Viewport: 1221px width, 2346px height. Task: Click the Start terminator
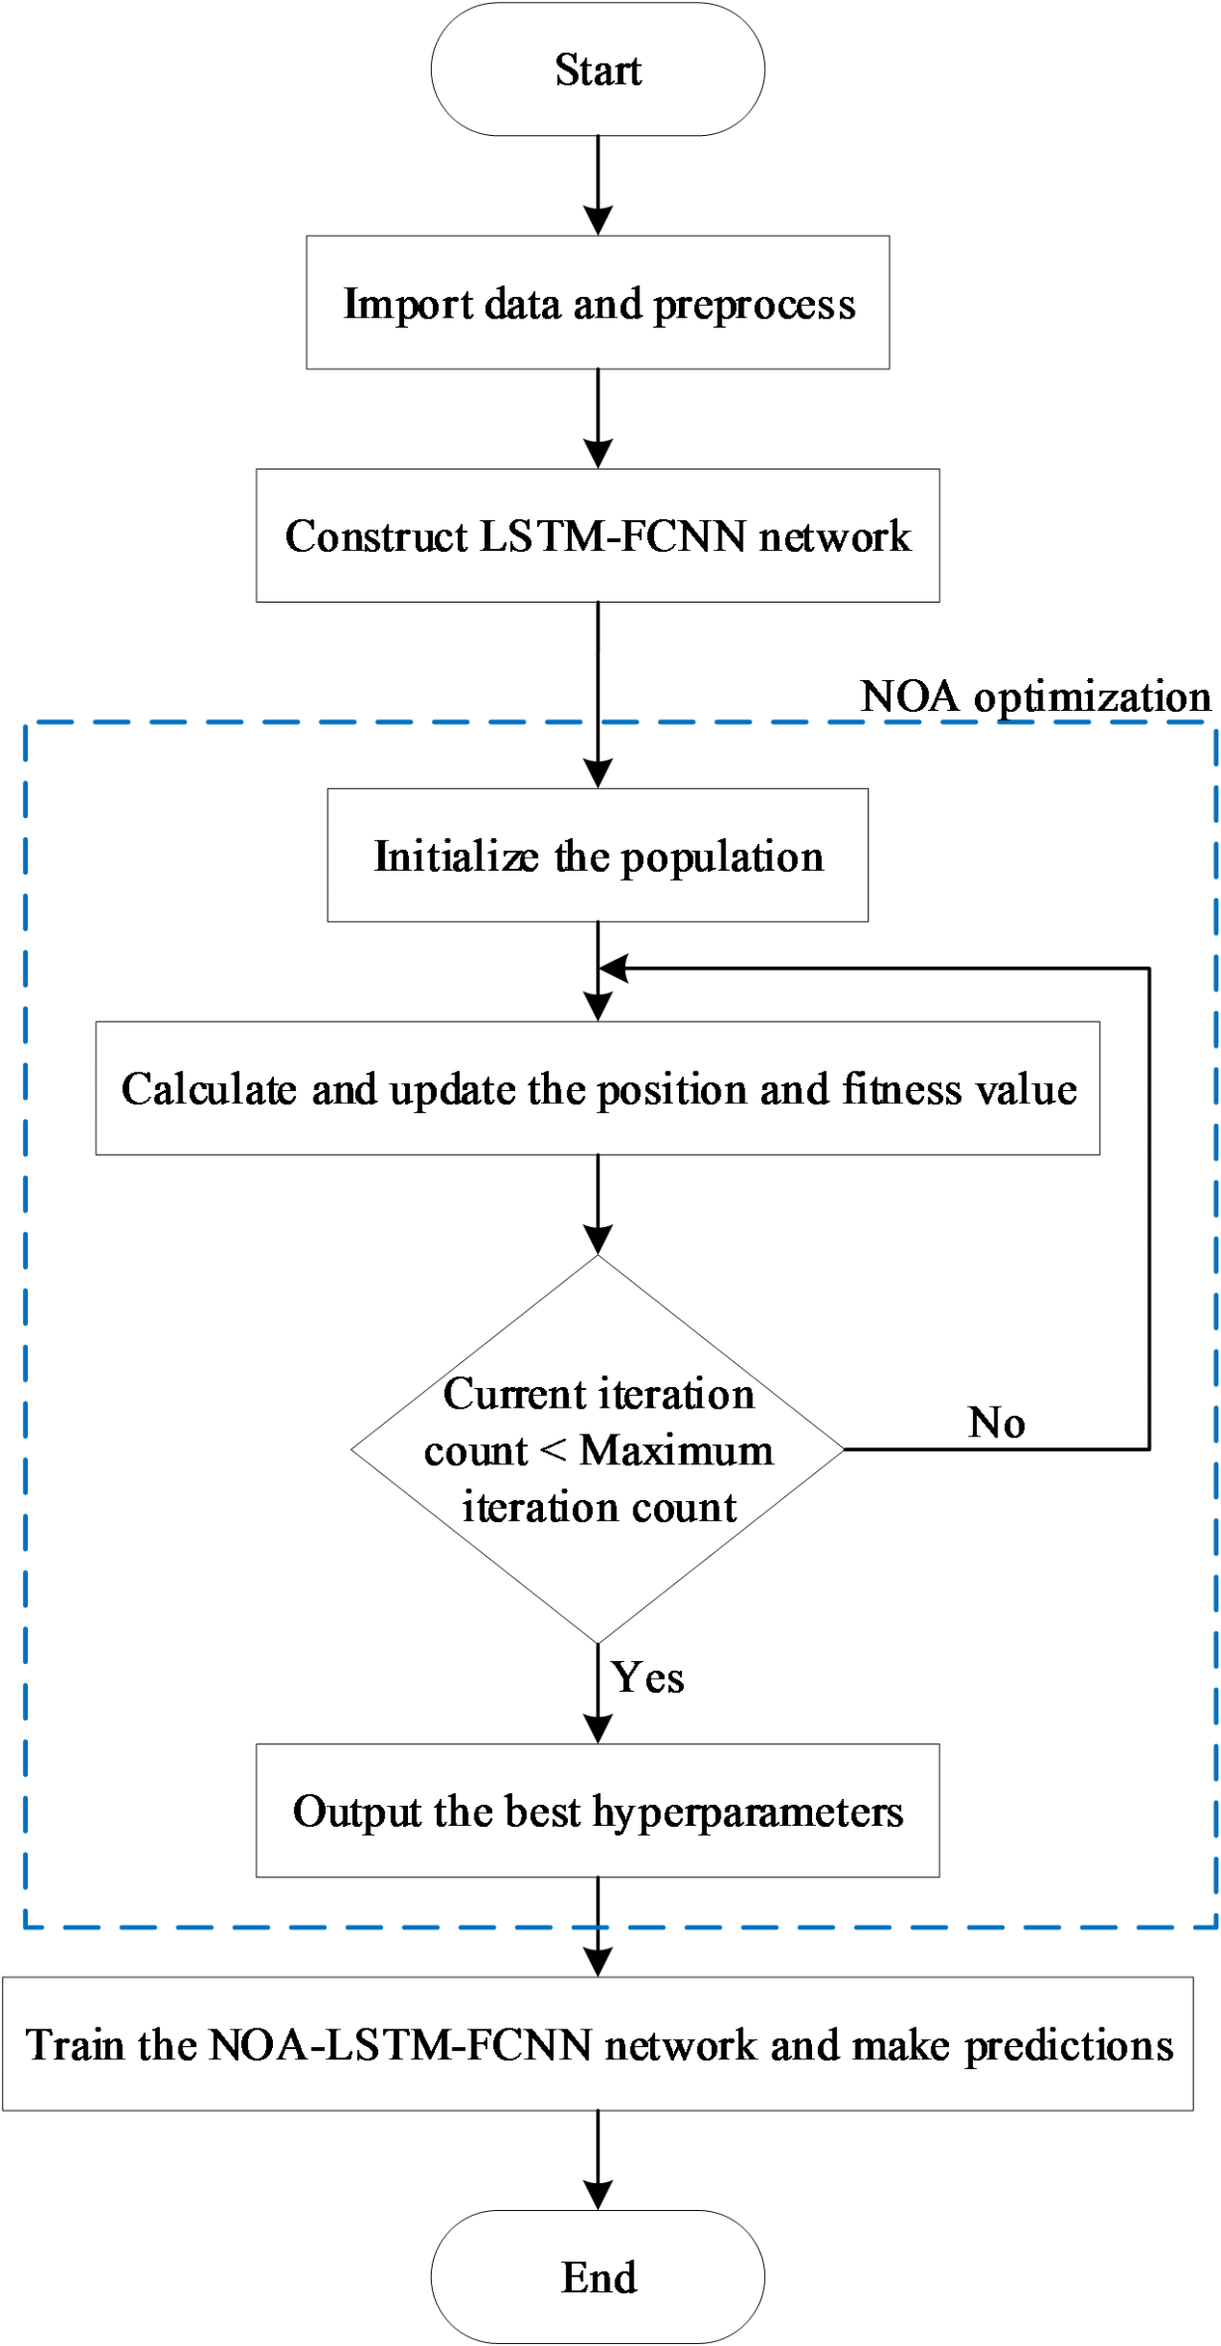598,69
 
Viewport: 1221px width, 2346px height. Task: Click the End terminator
598,2277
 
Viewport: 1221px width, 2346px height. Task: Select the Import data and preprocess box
598,303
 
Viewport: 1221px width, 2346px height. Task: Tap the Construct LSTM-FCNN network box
598,536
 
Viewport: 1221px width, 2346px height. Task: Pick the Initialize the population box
598,856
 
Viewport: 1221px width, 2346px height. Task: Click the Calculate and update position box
598,1088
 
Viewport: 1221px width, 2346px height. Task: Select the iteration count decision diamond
598,1449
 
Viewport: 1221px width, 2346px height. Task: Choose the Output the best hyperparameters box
598,1811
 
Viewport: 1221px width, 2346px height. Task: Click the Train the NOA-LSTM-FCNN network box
598,2044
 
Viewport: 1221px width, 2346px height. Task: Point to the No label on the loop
997,1423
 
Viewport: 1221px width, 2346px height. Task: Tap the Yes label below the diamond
647,1678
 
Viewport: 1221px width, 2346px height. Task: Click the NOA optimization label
1035,697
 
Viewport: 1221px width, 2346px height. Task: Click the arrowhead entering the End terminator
598,2195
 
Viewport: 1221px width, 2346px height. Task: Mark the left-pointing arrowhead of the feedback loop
614,968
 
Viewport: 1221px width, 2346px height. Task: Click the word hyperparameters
748,1813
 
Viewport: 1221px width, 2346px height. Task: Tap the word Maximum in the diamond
677,1450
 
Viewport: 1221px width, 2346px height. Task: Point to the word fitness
901,1089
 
